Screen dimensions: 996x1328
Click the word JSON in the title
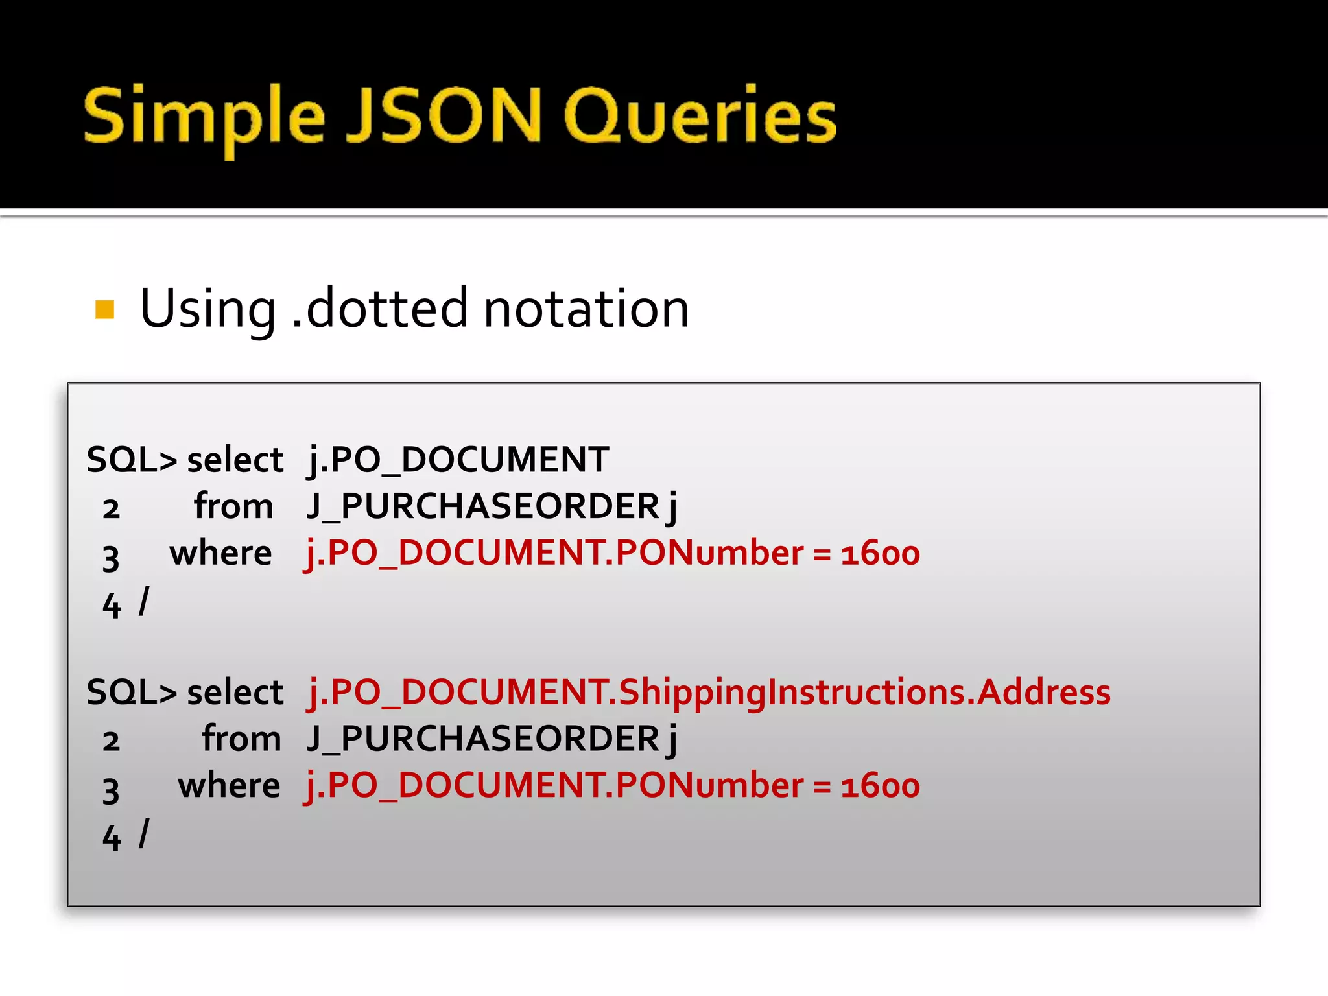tap(444, 115)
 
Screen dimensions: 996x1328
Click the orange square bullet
tap(104, 309)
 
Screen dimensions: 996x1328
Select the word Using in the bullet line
tap(207, 309)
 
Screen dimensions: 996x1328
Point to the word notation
tap(586, 309)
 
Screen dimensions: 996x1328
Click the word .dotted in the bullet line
tap(379, 308)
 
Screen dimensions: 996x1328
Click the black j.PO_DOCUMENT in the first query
tap(458, 460)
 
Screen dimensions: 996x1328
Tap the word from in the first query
tap(233, 506)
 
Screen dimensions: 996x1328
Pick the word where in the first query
tap(220, 553)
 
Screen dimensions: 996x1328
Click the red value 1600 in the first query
tap(880, 554)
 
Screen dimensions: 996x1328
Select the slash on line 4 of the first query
tap(144, 601)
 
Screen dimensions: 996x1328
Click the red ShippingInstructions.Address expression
tap(708, 692)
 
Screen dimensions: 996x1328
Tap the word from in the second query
tap(241, 739)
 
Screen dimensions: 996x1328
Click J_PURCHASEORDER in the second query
tap(483, 739)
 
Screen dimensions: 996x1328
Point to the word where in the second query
tap(229, 785)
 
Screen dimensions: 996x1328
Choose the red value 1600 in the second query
tap(880, 786)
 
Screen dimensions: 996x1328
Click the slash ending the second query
tap(144, 834)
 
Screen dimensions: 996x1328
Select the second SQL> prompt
tap(132, 692)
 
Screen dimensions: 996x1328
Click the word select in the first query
tap(235, 460)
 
